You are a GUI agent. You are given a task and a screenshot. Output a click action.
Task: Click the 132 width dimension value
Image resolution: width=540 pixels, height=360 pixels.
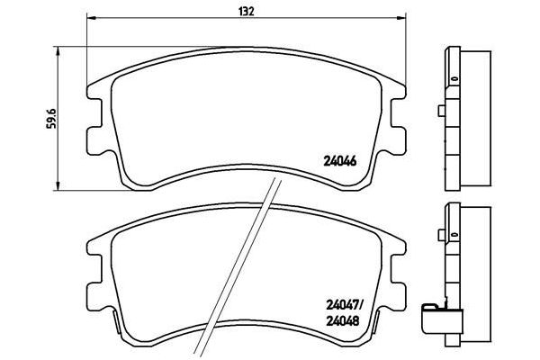[247, 12]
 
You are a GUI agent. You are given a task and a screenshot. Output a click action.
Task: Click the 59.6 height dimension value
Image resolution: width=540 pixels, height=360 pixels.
[51, 118]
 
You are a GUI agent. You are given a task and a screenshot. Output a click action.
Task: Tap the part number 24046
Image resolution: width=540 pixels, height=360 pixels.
[339, 161]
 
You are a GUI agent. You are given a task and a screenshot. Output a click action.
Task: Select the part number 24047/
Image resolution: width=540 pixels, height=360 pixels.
[343, 304]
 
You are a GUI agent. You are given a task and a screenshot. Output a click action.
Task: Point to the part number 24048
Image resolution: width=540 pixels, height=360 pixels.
[342, 321]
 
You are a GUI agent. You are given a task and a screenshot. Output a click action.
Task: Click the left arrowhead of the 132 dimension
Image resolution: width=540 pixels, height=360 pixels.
[91, 18]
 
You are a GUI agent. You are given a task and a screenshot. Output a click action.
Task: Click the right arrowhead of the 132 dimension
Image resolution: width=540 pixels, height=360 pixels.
[401, 18]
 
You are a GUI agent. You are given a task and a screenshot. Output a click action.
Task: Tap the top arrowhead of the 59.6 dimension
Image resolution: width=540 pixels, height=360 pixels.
[58, 51]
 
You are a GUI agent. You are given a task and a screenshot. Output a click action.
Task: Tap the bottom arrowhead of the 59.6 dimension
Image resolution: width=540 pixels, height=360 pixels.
[58, 185]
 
